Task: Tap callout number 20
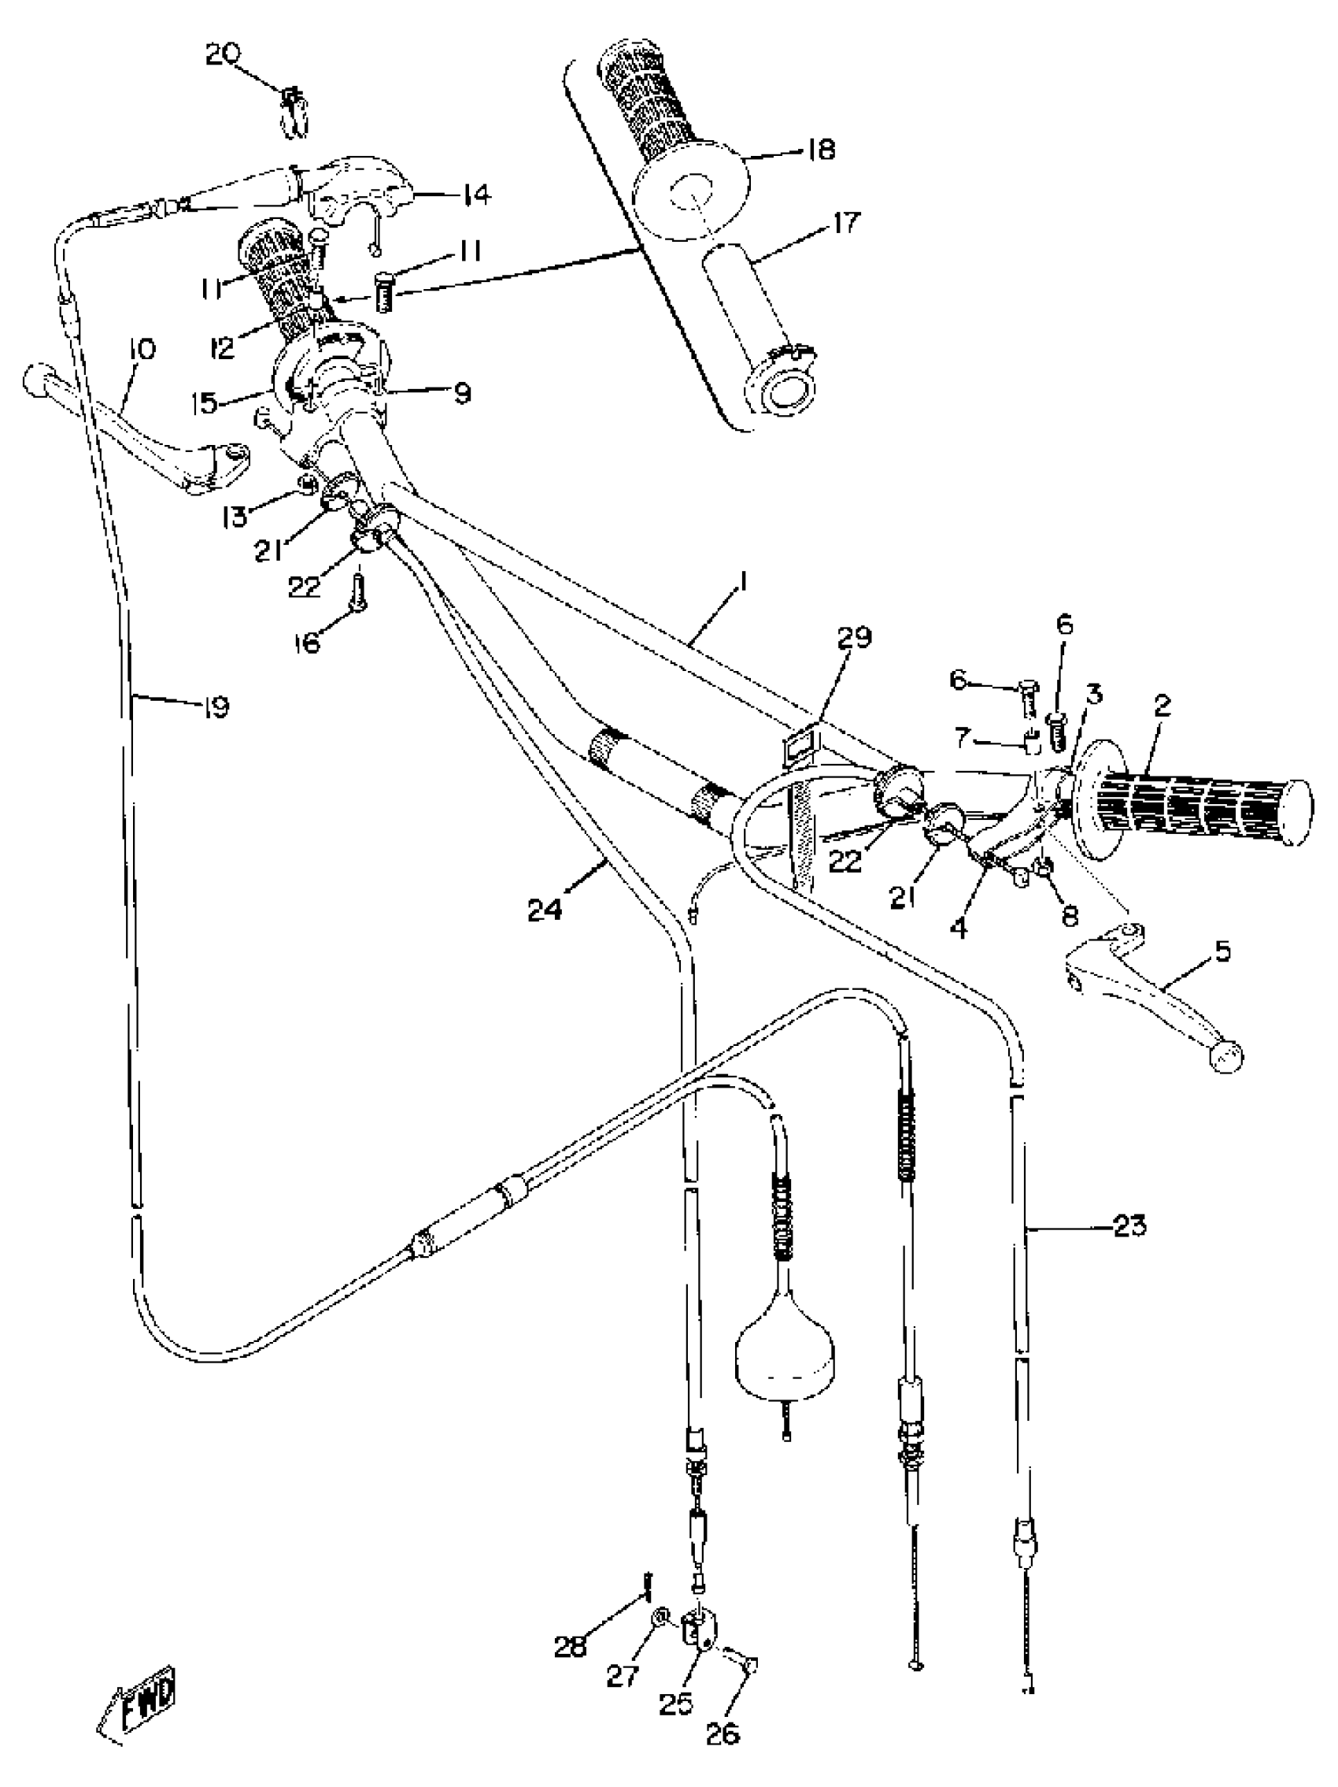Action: point(222,54)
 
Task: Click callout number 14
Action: point(475,194)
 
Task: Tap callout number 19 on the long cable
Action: point(216,706)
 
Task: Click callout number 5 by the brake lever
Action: point(1222,951)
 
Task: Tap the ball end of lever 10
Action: point(36,379)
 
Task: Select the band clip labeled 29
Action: point(802,746)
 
